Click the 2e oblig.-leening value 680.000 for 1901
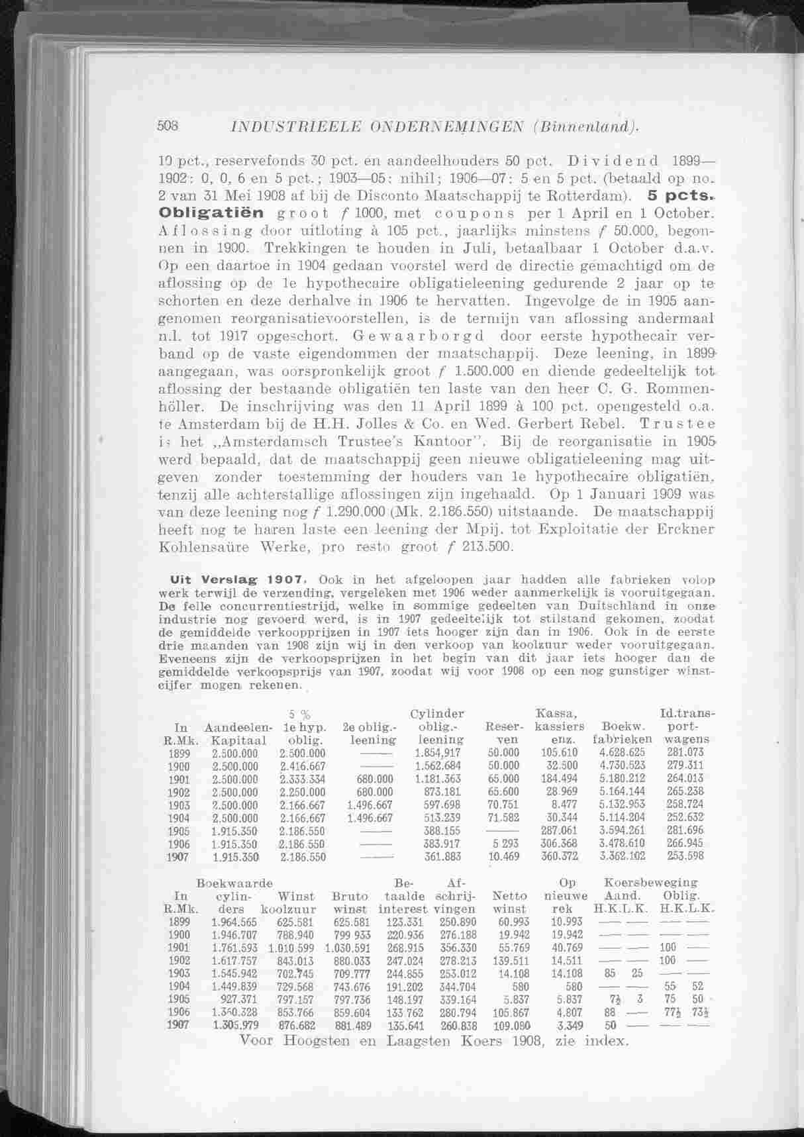[374, 779]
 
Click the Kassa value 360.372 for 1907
[560, 856]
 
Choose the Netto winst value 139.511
[511, 960]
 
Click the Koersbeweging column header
[650, 883]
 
